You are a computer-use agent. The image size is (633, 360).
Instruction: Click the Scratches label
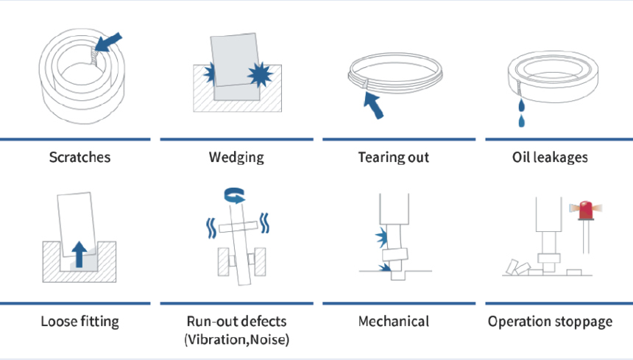coord(79,157)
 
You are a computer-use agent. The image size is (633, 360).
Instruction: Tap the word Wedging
coord(236,158)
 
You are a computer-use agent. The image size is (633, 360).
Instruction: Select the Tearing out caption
coord(394,158)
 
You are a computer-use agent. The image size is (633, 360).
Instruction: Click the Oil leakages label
coord(550,158)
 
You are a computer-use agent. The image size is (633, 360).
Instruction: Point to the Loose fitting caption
coord(80,322)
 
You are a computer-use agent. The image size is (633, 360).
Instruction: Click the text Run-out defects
coord(236,321)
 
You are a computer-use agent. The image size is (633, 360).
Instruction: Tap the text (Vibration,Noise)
coord(236,339)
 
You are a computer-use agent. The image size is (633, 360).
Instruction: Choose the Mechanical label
coord(394,321)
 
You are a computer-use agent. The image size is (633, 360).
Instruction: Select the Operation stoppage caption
coord(550,322)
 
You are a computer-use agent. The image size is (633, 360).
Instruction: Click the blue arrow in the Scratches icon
coord(107,43)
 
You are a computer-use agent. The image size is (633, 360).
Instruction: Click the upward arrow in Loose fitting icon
coord(79,254)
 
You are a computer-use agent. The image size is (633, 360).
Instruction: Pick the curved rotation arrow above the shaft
coord(235,195)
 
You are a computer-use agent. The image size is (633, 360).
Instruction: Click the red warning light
coord(586,210)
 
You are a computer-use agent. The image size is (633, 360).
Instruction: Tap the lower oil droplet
coord(522,121)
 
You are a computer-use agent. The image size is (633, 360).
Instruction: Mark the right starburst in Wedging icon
coord(260,74)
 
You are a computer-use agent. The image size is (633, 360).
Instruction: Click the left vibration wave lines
coord(211,228)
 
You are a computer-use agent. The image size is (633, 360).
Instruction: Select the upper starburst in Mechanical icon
coord(381,237)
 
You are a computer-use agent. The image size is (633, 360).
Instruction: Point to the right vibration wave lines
coord(264,223)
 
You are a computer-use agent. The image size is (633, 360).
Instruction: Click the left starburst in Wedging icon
coord(209,74)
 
